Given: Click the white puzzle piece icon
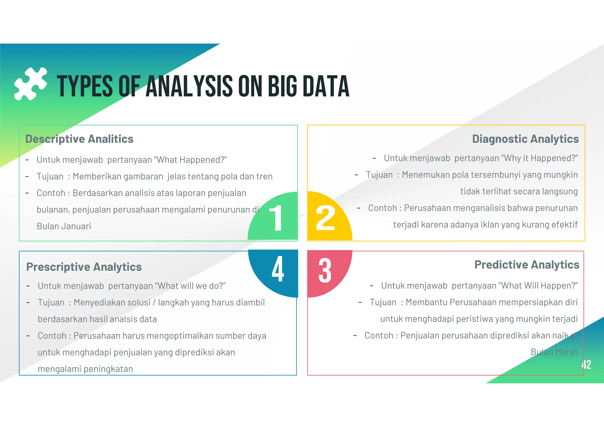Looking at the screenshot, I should [30, 84].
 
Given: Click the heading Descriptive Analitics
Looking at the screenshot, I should [79, 139].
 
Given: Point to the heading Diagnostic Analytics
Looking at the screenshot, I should [525, 139].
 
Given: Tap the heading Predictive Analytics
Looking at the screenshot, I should [527, 265].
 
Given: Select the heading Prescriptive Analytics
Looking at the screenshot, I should [84, 267].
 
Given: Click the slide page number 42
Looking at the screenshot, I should [586, 365].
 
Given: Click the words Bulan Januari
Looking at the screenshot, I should [64, 226].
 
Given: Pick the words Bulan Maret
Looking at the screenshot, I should [554, 352].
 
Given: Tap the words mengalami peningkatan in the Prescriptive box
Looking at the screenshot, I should [85, 369].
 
